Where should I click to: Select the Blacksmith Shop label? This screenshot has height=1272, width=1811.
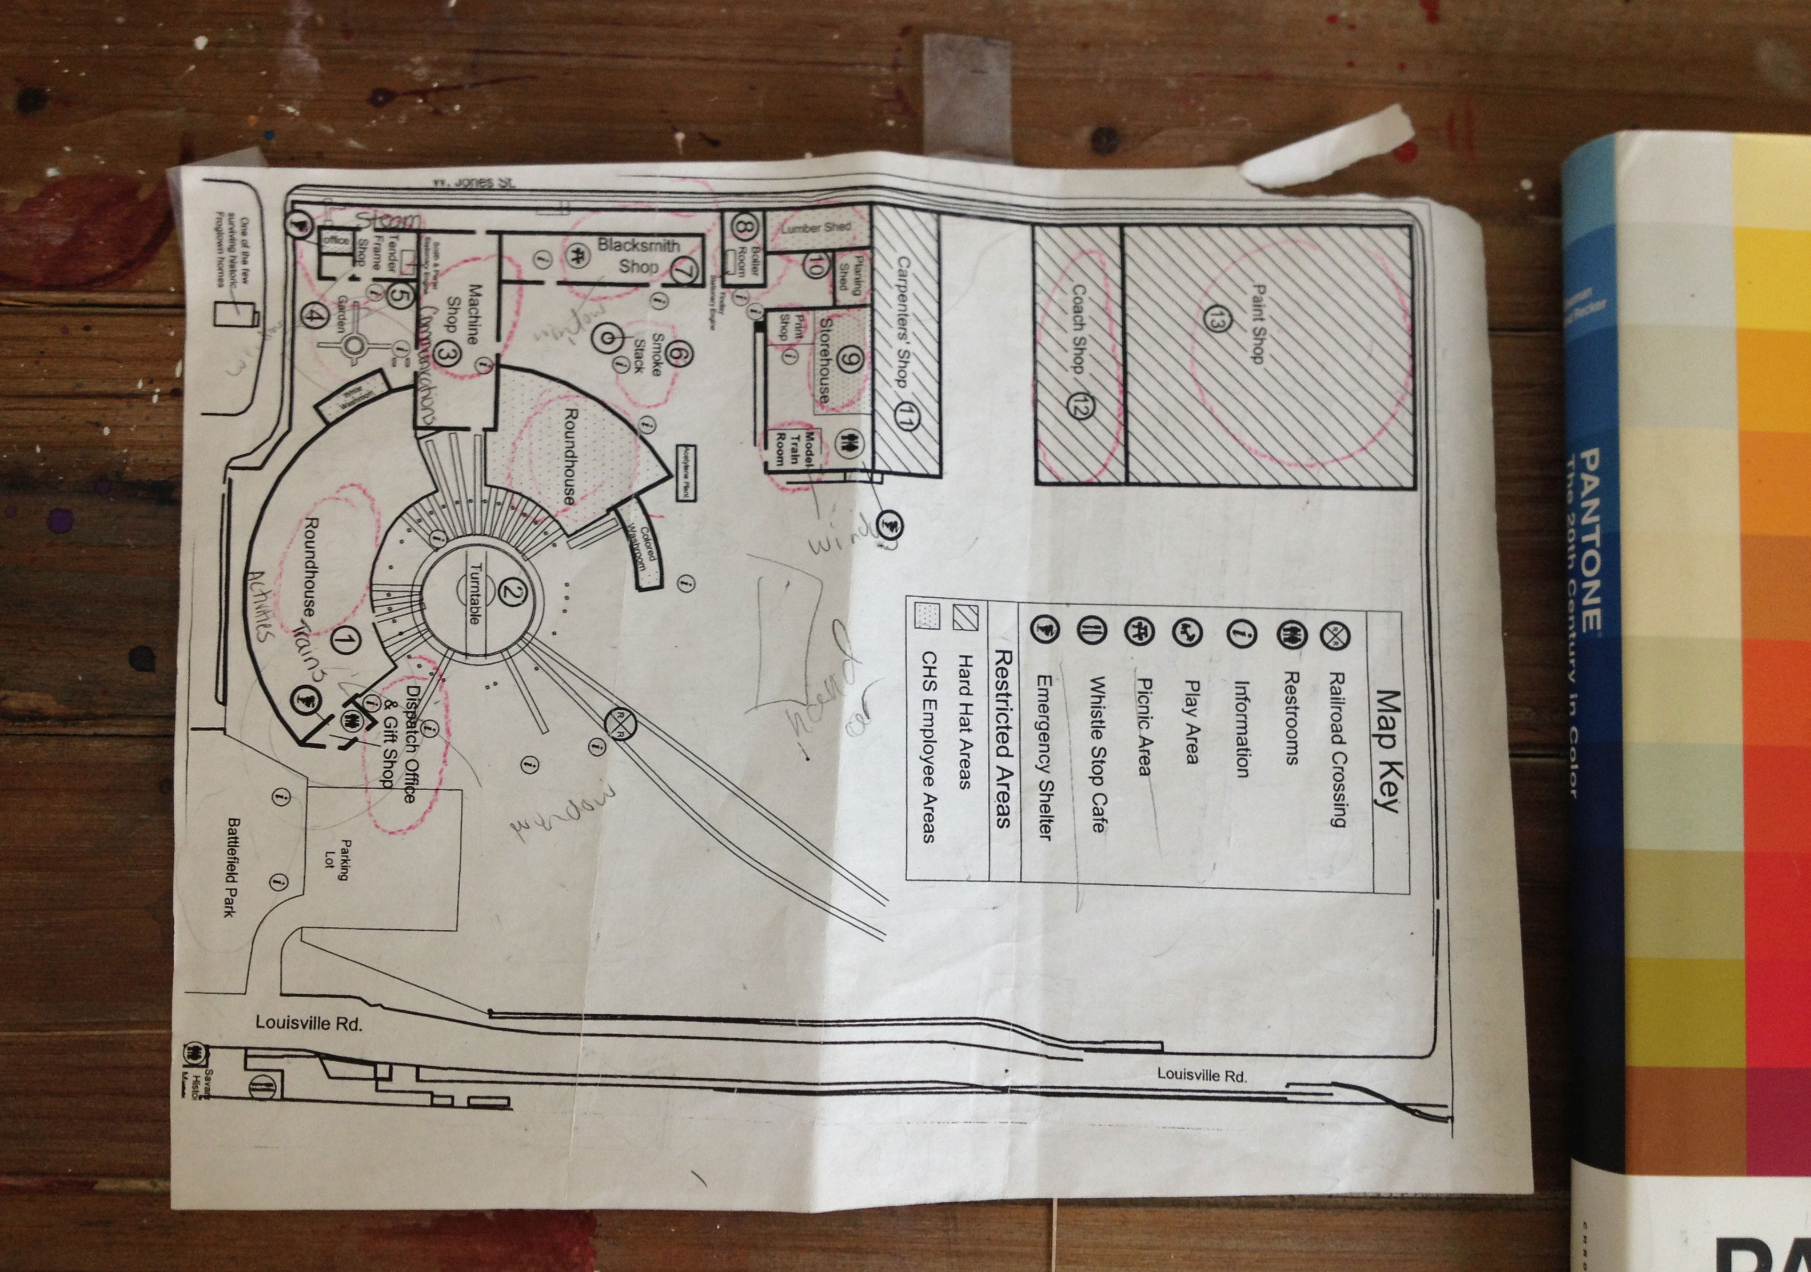[x=637, y=255]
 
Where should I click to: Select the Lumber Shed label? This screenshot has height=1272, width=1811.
[x=816, y=227]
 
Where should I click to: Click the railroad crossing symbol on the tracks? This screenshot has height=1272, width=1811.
[x=619, y=723]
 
